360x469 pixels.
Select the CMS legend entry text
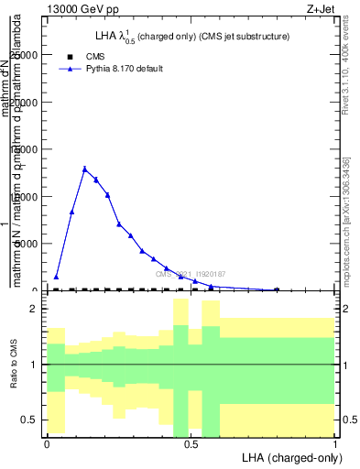pyautogui.click(x=95, y=57)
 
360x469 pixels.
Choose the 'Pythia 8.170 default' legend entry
pyautogui.click(x=125, y=69)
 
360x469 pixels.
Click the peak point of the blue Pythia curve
pyautogui.click(x=84, y=169)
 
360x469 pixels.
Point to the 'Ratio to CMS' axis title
pyautogui.click(x=14, y=365)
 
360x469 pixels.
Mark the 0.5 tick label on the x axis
pyautogui.click(x=191, y=443)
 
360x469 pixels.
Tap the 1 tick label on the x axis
pyautogui.click(x=334, y=443)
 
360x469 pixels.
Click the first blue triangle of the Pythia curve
pyautogui.click(x=56, y=277)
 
